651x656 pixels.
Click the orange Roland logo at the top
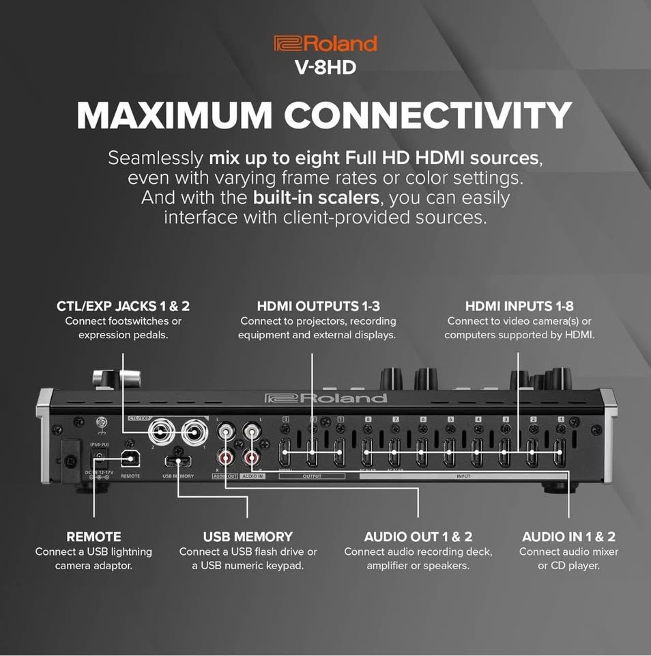(325, 44)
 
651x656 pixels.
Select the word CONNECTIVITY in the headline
(429, 115)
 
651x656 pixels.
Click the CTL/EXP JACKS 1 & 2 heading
(123, 306)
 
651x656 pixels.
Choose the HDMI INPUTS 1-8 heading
(519, 306)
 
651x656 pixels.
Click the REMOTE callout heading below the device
(93, 536)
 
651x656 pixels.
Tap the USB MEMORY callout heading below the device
(248, 536)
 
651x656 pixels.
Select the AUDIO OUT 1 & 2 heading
(418, 536)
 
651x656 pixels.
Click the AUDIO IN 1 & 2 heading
(568, 536)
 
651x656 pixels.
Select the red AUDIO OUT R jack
(225, 456)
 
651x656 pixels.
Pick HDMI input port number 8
(368, 454)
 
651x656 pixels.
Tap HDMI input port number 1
(559, 454)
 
